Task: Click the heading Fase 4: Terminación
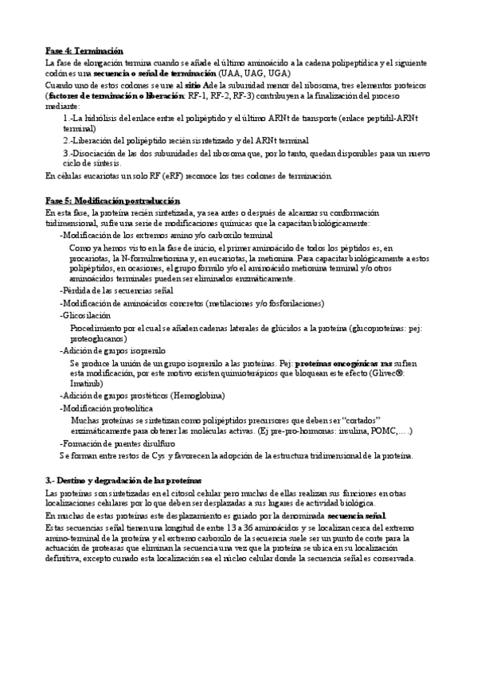84,51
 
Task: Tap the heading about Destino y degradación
123,482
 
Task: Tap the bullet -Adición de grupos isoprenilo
112,349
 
